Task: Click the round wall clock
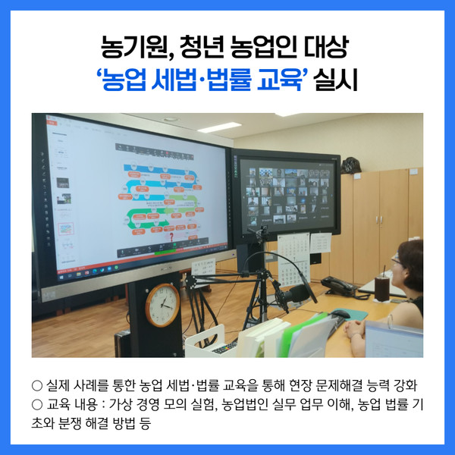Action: [x=162, y=305]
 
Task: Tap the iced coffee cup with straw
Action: [x=382, y=287]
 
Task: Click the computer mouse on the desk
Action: [x=340, y=313]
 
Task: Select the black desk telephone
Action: [x=338, y=286]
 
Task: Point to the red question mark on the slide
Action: [x=171, y=237]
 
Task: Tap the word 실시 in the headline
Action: [x=335, y=80]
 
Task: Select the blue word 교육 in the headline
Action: [x=279, y=80]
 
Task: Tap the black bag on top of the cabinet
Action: [x=350, y=165]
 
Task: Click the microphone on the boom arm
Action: [x=293, y=293]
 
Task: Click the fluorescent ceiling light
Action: [x=220, y=127]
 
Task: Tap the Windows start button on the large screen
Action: [x=61, y=277]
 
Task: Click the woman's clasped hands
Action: [x=354, y=330]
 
